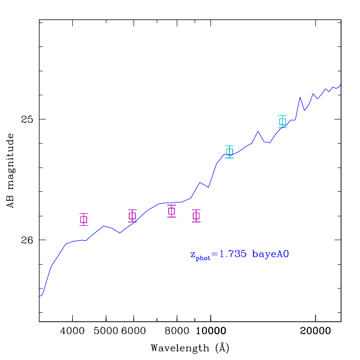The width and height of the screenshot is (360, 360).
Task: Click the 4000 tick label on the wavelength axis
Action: coord(72,331)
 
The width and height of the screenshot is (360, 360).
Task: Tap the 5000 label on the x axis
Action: coord(106,331)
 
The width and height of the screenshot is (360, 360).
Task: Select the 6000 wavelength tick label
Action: coord(134,331)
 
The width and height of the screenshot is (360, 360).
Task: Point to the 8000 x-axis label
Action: coord(177,331)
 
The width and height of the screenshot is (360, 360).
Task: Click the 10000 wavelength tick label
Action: coord(211,331)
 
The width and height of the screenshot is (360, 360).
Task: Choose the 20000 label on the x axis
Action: coord(315,331)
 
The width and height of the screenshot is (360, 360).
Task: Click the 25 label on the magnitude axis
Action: coord(27,119)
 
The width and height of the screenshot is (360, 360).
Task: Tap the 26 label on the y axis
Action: coord(27,240)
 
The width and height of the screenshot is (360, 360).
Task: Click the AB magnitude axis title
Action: coord(10,171)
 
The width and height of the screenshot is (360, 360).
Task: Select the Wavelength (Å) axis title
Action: coord(190,348)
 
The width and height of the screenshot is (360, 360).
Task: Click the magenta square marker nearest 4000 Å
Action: coord(84,220)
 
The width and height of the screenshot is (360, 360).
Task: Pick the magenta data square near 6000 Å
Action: coord(132,216)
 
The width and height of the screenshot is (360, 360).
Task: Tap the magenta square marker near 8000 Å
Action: coord(171,211)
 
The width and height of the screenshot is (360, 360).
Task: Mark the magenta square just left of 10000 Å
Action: coord(196,216)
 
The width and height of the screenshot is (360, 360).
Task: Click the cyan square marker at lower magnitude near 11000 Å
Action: coord(230,152)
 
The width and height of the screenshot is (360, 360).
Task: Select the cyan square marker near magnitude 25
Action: coord(283,122)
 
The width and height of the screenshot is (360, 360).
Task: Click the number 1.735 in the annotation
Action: coord(233,254)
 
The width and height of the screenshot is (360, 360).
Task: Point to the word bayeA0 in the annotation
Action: coord(270,255)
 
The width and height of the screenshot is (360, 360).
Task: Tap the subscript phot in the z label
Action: coord(203,258)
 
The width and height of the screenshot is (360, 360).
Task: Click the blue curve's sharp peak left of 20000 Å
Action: coord(300,97)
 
